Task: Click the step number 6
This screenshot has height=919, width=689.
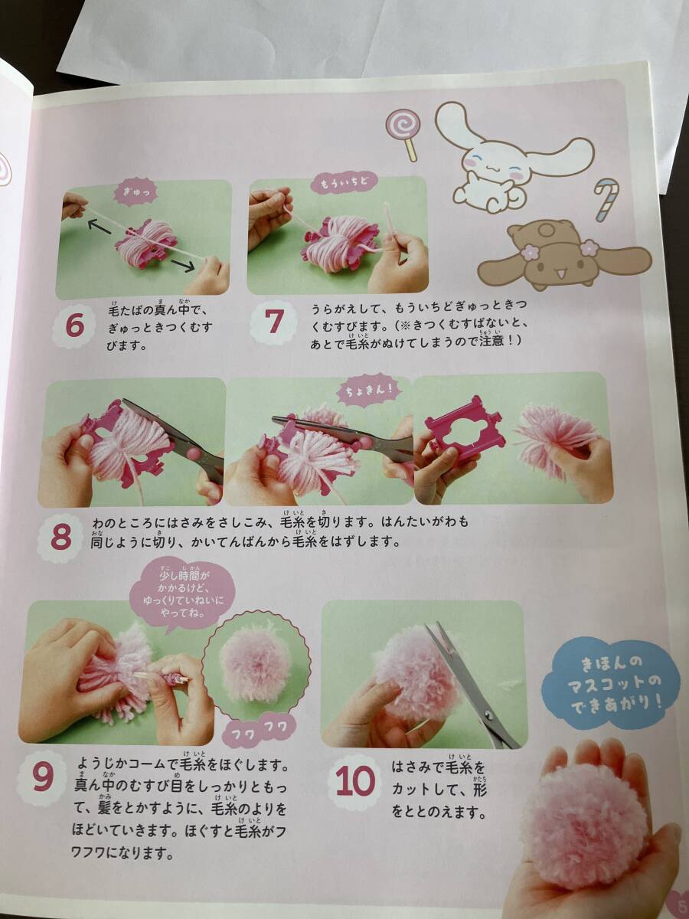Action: [x=74, y=327]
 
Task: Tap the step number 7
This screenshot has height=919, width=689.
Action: [x=273, y=322]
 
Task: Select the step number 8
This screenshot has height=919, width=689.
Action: [x=61, y=537]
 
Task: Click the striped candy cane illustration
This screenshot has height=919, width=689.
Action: [x=607, y=200]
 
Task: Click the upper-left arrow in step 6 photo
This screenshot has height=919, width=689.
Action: [x=100, y=227]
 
